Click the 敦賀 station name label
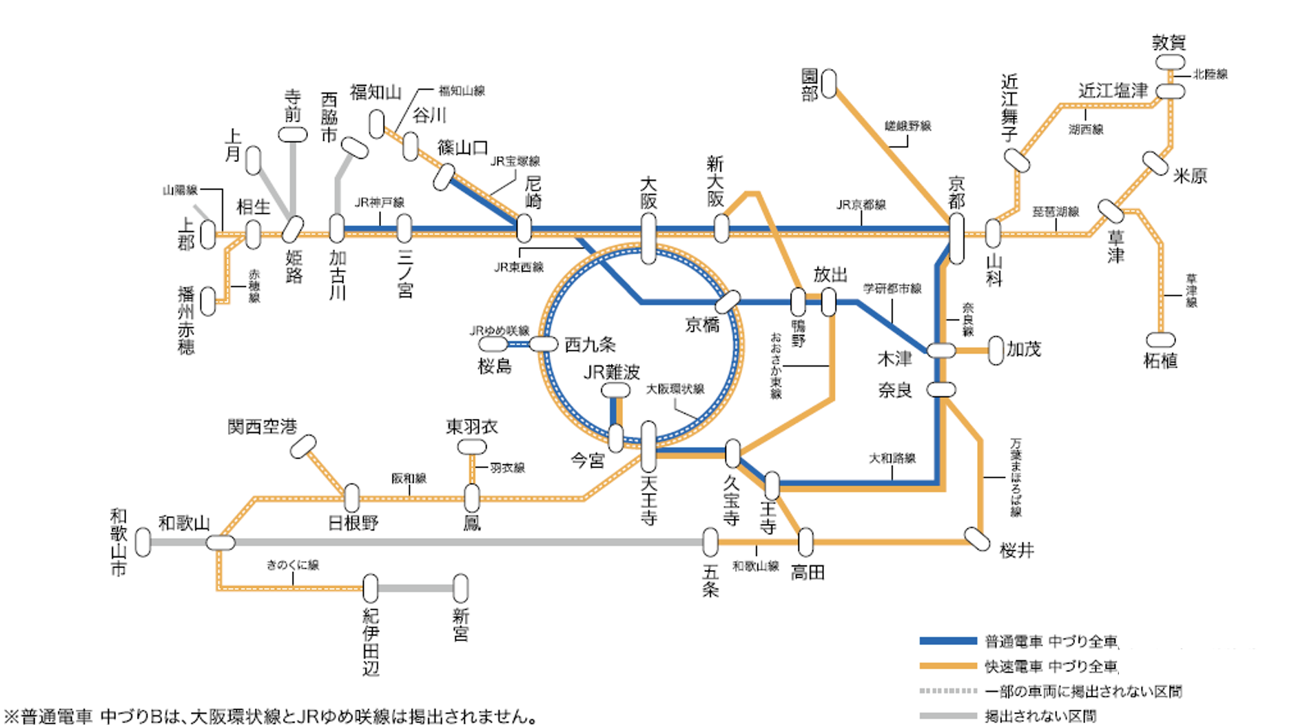coord(1169,43)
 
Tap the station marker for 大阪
coord(648,238)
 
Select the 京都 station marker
coord(956,238)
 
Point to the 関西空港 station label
coord(262,427)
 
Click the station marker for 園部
coord(830,83)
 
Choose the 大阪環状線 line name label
coord(675,389)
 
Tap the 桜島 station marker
coord(493,344)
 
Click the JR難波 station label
coord(611,373)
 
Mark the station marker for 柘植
coord(1160,340)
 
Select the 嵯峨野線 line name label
coord(907,126)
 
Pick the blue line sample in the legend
coord(948,641)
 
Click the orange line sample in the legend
coord(948,666)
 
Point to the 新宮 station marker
coord(460,589)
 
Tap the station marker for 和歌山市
coord(143,542)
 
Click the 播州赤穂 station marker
coord(207,302)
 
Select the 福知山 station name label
coord(376,92)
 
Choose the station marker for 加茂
coord(996,351)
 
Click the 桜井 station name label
coord(1017,550)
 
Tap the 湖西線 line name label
coord(1086,130)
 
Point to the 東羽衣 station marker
coord(472,447)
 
